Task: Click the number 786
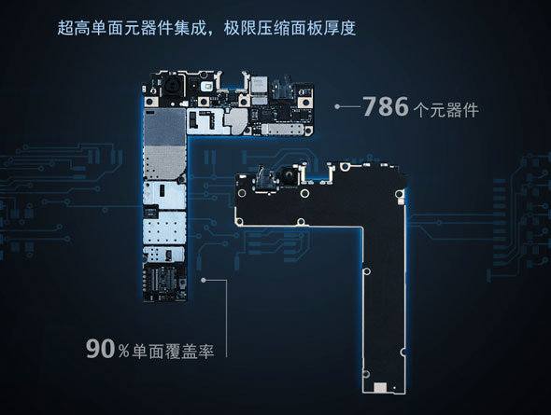click(x=386, y=106)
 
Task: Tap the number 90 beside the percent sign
click(x=101, y=349)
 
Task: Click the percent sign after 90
click(x=123, y=351)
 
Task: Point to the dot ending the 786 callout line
click(x=337, y=106)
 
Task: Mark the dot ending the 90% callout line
click(x=203, y=280)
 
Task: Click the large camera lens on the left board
click(x=172, y=87)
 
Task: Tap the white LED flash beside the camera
click(x=207, y=87)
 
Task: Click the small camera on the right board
click(x=289, y=175)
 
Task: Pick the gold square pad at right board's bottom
click(x=381, y=387)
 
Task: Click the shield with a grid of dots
click(x=164, y=228)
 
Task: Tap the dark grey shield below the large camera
click(x=164, y=127)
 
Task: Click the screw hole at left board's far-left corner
click(x=149, y=102)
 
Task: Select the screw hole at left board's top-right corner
click(x=304, y=103)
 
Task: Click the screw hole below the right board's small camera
click(x=304, y=193)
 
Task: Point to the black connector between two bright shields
click(x=150, y=211)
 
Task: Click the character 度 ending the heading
click(x=347, y=28)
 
